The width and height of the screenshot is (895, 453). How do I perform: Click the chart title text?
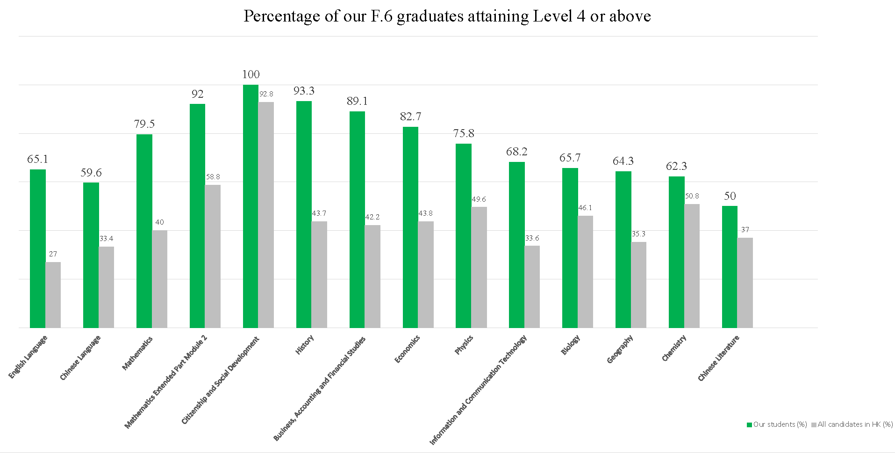447,16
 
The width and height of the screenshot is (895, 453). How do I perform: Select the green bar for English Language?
38,248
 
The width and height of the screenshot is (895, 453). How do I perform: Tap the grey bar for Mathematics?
159,279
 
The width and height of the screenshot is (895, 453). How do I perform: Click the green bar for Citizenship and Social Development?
251,206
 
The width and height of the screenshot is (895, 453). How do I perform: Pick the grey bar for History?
319,274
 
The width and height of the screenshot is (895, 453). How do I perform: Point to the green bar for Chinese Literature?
730,267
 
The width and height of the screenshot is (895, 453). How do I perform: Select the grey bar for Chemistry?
692,266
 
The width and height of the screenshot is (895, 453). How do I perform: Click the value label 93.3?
304,91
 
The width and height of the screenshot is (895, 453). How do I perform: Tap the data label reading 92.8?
266,94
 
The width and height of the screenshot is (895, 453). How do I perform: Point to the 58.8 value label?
213,177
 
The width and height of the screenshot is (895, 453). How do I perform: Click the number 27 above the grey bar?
53,254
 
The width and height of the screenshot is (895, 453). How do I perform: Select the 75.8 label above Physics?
464,133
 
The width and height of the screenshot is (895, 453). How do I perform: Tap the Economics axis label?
407,349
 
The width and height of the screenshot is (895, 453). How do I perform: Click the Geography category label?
620,349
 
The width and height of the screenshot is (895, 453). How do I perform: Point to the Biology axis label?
570,345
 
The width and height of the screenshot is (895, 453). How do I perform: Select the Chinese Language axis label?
80,358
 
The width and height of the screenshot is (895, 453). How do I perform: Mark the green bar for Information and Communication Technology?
516,245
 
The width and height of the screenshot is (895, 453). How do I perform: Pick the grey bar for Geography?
638,285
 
